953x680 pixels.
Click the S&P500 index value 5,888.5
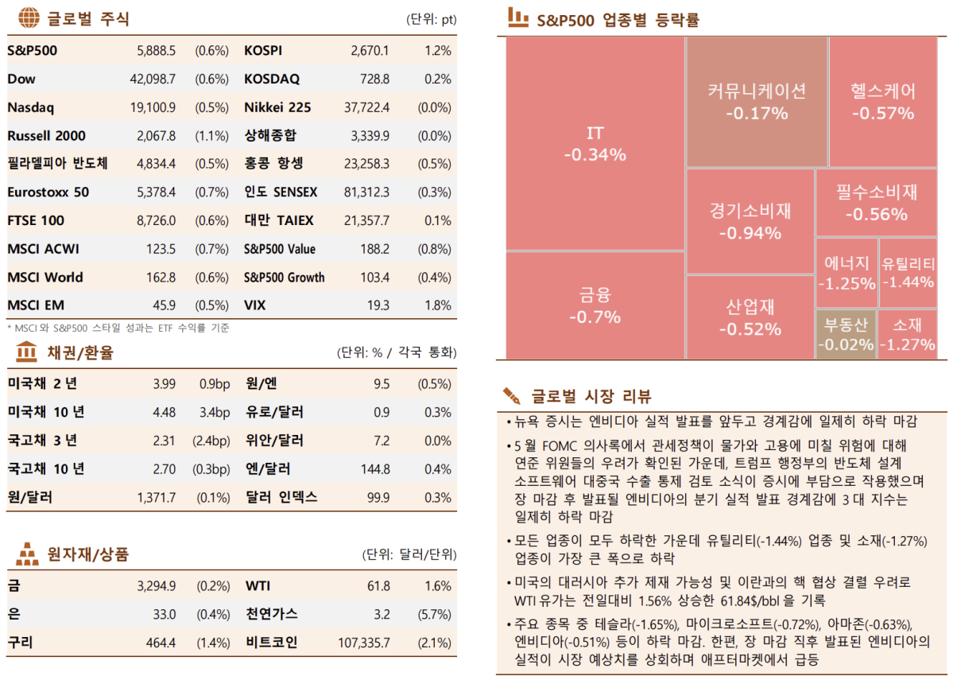pos(157,51)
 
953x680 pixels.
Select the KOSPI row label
pos(263,51)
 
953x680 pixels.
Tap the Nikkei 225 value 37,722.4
pos(366,107)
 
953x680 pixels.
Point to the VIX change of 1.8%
pos(438,305)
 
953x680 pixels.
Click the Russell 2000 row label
pos(46,136)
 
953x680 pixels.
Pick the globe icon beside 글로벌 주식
pos(28,18)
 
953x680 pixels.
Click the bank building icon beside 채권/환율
pos(27,351)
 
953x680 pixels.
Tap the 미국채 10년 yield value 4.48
pos(164,412)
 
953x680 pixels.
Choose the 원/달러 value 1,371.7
pos(156,497)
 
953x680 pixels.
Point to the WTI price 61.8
pos(378,586)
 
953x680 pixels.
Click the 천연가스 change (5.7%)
pos(434,614)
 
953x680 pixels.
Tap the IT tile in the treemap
pos(595,143)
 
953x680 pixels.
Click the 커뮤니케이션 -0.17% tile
pos(756,101)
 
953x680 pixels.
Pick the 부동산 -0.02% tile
pos(846,333)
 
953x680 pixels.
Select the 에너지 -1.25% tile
pos(846,273)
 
